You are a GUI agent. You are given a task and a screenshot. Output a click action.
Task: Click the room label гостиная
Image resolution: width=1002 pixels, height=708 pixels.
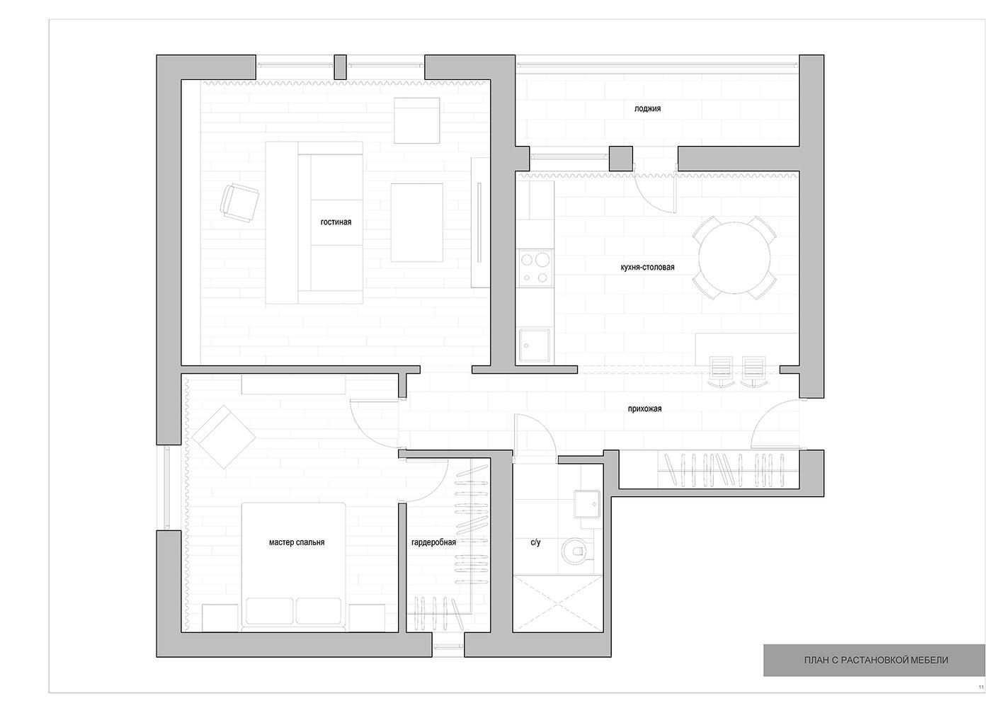336,222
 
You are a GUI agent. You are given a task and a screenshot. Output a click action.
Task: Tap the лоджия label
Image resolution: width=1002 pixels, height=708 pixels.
647,108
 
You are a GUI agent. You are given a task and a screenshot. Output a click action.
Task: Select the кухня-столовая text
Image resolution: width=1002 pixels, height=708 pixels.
648,268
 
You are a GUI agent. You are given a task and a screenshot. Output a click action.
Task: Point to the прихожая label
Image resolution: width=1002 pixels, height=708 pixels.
644,409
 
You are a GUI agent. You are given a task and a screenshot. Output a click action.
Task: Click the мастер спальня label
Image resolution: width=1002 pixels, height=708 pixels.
297,542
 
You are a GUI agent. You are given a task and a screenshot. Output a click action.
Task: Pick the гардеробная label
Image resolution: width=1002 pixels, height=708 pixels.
433,542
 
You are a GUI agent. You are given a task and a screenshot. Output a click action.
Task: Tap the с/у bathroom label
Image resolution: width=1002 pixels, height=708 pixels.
535,542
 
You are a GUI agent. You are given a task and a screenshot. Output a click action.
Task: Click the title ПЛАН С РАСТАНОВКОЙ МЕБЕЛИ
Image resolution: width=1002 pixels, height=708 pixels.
876,660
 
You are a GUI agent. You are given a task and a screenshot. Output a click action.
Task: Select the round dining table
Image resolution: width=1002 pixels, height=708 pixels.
734,258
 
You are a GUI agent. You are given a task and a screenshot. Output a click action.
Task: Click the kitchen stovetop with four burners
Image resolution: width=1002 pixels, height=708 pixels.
535,268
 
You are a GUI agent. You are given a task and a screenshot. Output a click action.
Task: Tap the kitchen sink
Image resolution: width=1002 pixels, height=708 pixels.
535,346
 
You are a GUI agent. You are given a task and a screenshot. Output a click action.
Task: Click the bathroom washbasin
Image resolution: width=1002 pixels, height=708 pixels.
587,504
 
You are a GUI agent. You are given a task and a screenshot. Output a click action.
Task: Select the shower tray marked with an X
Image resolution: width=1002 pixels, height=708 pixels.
557,603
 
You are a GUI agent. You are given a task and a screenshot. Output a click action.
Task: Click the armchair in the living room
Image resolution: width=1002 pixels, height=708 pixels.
240,202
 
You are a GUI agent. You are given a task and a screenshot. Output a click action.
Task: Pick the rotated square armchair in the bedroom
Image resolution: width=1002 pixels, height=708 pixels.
224,437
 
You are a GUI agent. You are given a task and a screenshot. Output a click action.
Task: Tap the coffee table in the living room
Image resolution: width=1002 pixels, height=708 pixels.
416,222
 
